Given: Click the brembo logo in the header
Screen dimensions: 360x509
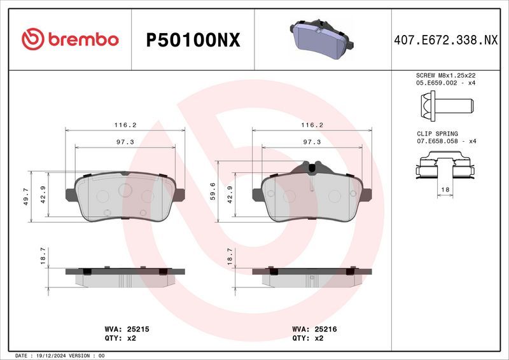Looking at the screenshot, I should pyautogui.click(x=70, y=39).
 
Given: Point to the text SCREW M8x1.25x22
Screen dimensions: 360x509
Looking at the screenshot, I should pyautogui.click(x=445, y=75).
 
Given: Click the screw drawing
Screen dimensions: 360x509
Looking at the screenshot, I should pyautogui.click(x=444, y=103).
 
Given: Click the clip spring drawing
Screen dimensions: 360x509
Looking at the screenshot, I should pyautogui.click(x=444, y=170).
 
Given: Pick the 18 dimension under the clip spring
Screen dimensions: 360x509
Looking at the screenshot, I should pyautogui.click(x=445, y=190).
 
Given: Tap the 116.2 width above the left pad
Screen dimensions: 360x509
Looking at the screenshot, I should pyautogui.click(x=125, y=125).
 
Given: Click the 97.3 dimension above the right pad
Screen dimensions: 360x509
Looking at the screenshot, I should pyautogui.click(x=311, y=142).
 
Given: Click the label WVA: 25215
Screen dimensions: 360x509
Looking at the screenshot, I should pyautogui.click(x=126, y=329).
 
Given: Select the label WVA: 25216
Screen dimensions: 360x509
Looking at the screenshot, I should pyautogui.click(x=314, y=329).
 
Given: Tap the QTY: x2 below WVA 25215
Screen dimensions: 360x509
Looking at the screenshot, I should pyautogui.click(x=120, y=338).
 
